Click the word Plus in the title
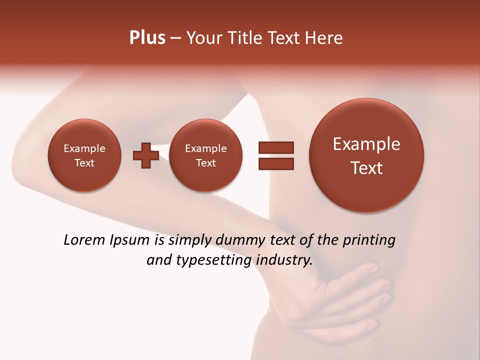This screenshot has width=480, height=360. tap(147, 38)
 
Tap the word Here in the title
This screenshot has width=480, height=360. tap(323, 38)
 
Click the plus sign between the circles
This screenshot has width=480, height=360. tap(146, 155)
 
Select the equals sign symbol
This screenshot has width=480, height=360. tap(275, 155)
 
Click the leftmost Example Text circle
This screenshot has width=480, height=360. tap(84, 155)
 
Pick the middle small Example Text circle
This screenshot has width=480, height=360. tap(205, 155)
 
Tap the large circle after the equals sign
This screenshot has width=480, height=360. tap(366, 155)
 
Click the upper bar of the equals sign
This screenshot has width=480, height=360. tap(275, 147)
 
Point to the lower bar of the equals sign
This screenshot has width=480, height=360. tap(275, 163)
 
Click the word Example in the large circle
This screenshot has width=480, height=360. tap(366, 144)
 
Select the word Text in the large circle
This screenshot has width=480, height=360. tap(366, 168)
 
